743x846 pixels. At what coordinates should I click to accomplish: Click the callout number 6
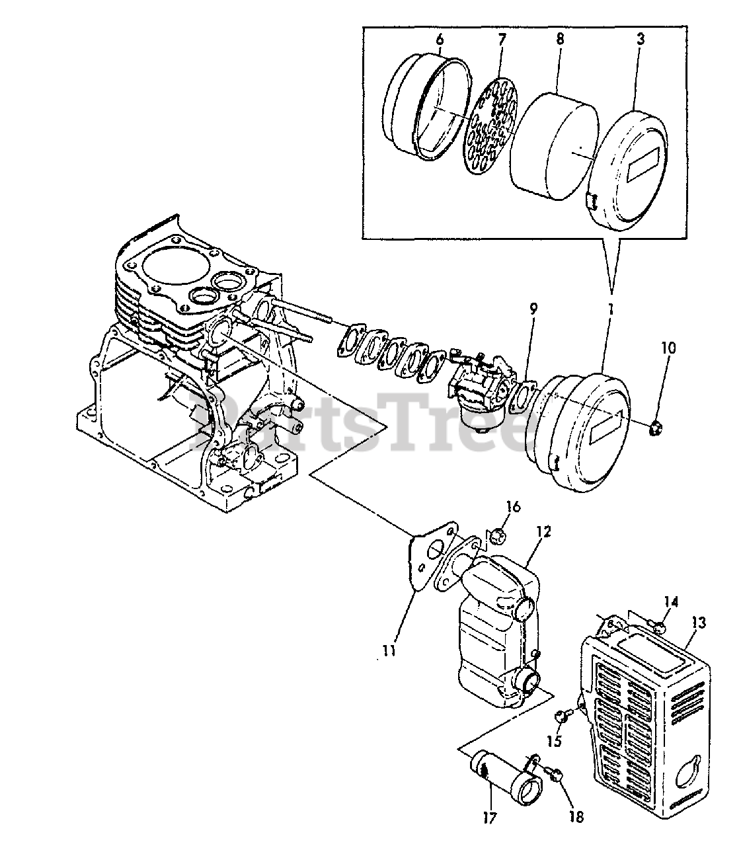pyautogui.click(x=440, y=39)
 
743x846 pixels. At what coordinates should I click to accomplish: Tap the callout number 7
pyautogui.click(x=502, y=39)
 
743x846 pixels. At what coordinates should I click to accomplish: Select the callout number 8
pyautogui.click(x=560, y=39)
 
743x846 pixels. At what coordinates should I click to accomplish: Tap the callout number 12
pyautogui.click(x=543, y=531)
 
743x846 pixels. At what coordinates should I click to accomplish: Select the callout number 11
pyautogui.click(x=388, y=651)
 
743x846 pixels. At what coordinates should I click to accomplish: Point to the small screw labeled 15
pyautogui.click(x=559, y=714)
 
